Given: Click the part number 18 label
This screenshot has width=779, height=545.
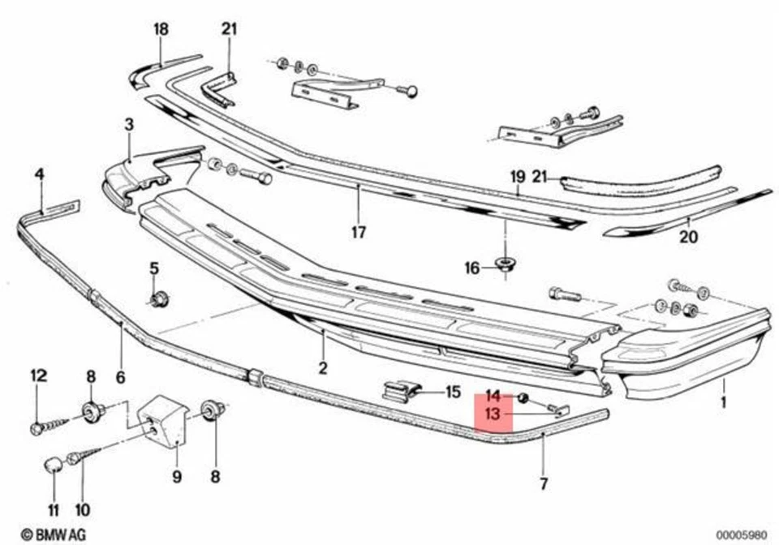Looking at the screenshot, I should pyautogui.click(x=161, y=30).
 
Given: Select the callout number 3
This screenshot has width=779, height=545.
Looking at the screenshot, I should pyautogui.click(x=128, y=124).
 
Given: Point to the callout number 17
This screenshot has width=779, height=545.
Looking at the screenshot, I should pyautogui.click(x=359, y=233).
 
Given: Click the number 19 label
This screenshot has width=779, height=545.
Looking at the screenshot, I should pyautogui.click(x=519, y=176).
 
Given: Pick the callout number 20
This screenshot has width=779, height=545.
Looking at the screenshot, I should pyautogui.click(x=688, y=238).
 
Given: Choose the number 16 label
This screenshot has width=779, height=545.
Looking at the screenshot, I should pyautogui.click(x=472, y=268).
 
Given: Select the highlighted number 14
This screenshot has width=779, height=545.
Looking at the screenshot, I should pyautogui.click(x=493, y=397).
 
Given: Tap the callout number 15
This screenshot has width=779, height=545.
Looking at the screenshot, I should pyautogui.click(x=452, y=392).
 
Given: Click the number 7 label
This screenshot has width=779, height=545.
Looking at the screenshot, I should pyautogui.click(x=544, y=484).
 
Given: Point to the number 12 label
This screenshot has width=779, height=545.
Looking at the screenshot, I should pyautogui.click(x=39, y=375).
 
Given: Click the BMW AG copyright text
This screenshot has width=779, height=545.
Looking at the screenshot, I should pyautogui.click(x=53, y=534).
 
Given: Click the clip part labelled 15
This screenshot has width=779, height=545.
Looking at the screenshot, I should pyautogui.click(x=401, y=391).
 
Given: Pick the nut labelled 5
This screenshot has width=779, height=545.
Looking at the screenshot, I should pyautogui.click(x=159, y=299).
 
